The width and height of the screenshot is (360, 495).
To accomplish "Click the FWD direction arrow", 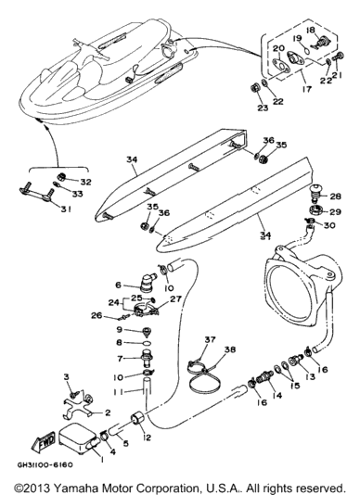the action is pyautogui.click(x=44, y=440).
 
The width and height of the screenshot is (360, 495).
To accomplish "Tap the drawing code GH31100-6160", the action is pyautogui.click(x=45, y=465).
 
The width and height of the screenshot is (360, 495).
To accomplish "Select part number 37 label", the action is pyautogui.click(x=210, y=339).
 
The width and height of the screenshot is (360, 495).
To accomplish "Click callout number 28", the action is pyautogui.click(x=335, y=197).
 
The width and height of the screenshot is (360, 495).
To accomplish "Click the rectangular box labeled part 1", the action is pyautogui.click(x=78, y=439).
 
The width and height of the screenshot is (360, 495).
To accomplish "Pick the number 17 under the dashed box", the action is pyautogui.click(x=306, y=89).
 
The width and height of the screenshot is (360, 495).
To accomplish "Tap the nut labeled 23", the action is pyautogui.click(x=255, y=88).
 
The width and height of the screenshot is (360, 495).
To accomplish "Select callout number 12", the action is pyautogui.click(x=147, y=438).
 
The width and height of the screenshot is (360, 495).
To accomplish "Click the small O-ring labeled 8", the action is pyautogui.click(x=148, y=343).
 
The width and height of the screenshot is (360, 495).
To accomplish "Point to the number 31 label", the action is pyautogui.click(x=66, y=209).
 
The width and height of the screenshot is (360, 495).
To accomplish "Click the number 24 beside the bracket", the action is pyautogui.click(x=114, y=303).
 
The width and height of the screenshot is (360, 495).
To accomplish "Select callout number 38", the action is pyautogui.click(x=230, y=349).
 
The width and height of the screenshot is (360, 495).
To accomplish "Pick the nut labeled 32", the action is pyautogui.click(x=61, y=177).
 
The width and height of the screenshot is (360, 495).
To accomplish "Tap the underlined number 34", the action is pyautogui.click(x=265, y=235).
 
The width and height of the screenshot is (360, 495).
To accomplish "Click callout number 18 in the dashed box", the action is pyautogui.click(x=311, y=30).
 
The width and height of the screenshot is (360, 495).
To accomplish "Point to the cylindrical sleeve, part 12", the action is pyautogui.click(x=138, y=419).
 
